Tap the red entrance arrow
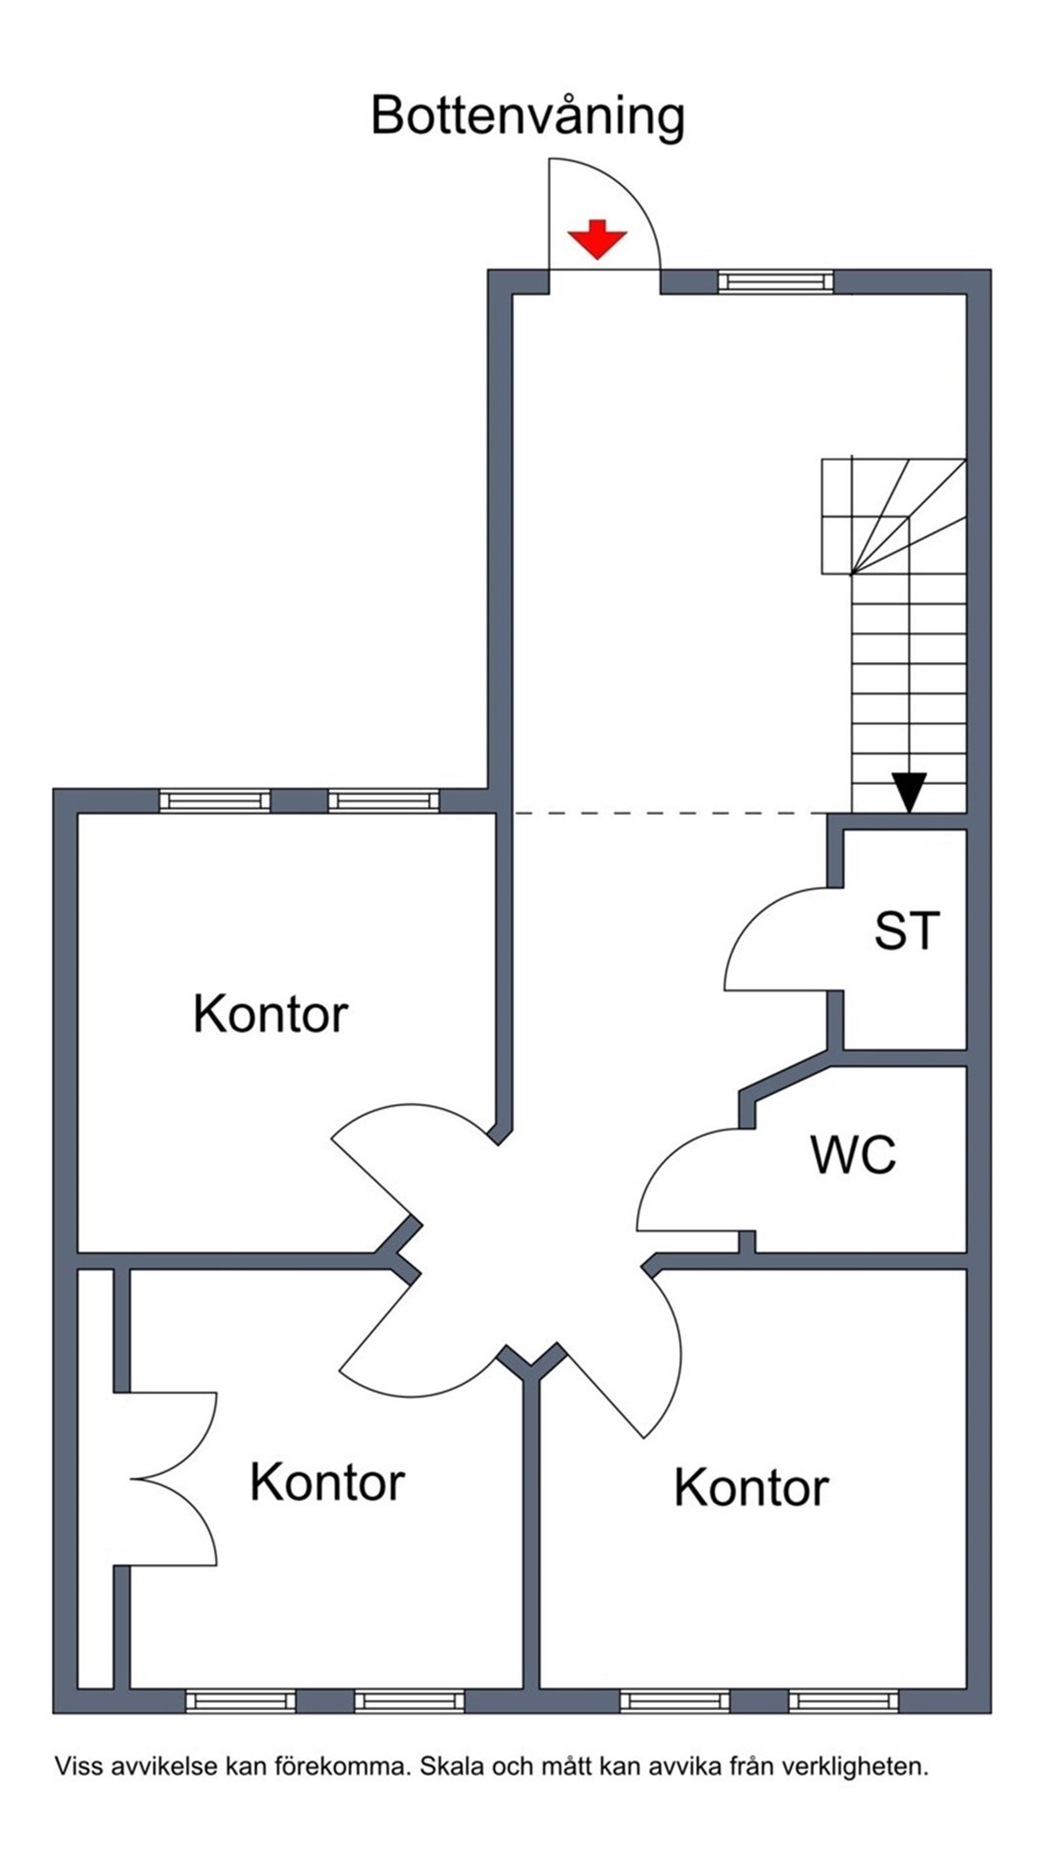(x=597, y=239)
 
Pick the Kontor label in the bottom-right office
(x=751, y=1487)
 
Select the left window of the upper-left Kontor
(x=215, y=801)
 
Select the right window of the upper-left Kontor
(x=384, y=801)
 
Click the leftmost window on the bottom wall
(x=241, y=1701)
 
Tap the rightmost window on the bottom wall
(x=844, y=1701)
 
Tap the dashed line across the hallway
(x=670, y=813)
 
